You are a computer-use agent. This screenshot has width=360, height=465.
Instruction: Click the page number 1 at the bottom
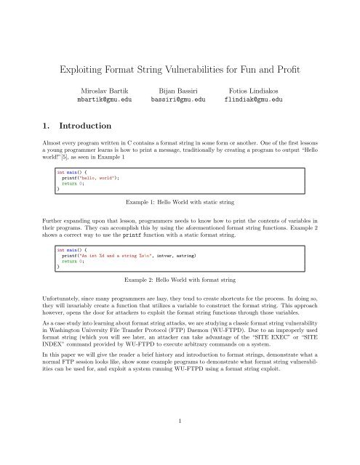tap(180, 438)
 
